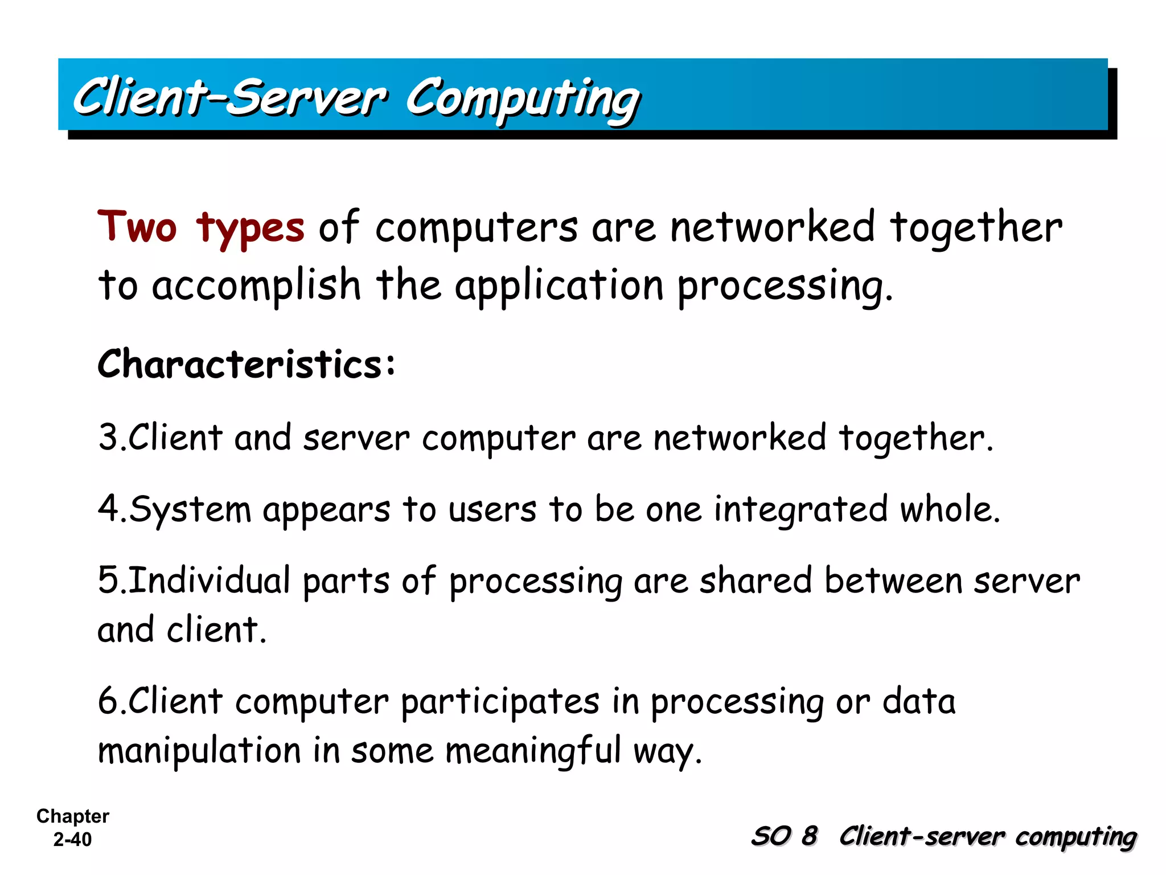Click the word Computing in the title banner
(523, 98)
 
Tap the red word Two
(137, 227)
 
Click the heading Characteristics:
(246, 363)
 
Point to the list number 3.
(108, 437)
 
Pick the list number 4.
(108, 509)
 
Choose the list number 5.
(108, 580)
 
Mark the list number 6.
(108, 701)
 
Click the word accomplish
(256, 285)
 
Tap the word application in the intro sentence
(559, 285)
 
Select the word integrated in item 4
(800, 509)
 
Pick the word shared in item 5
(755, 580)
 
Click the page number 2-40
(72, 839)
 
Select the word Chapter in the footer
(72, 816)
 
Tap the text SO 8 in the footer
(784, 836)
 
